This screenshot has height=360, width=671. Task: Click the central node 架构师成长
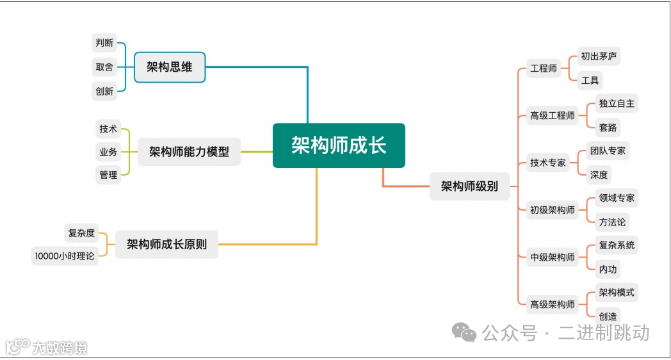coord(339,145)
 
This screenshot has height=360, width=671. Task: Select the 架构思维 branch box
coord(170,67)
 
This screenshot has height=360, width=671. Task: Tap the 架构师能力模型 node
coord(189,152)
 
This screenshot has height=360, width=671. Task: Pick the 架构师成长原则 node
coord(166,244)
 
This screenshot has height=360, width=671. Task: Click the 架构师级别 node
coord(469,186)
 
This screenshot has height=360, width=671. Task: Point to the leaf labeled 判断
coord(104,43)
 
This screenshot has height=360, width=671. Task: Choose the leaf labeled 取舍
coord(104,67)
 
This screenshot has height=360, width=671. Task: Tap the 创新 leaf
coord(104,91)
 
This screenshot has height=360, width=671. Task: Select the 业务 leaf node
coord(108,152)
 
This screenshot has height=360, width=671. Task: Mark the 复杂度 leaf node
coord(81,233)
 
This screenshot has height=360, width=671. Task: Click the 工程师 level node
coord(544,69)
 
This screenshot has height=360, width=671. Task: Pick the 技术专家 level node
coord(548,163)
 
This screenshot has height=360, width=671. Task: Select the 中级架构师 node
coord(553,258)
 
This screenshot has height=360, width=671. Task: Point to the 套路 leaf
coord(608,127)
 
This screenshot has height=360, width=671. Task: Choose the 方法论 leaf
coord(612,222)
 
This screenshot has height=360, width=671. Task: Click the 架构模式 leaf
coord(617,293)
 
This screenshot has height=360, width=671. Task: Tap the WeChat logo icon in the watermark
coord(464,332)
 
